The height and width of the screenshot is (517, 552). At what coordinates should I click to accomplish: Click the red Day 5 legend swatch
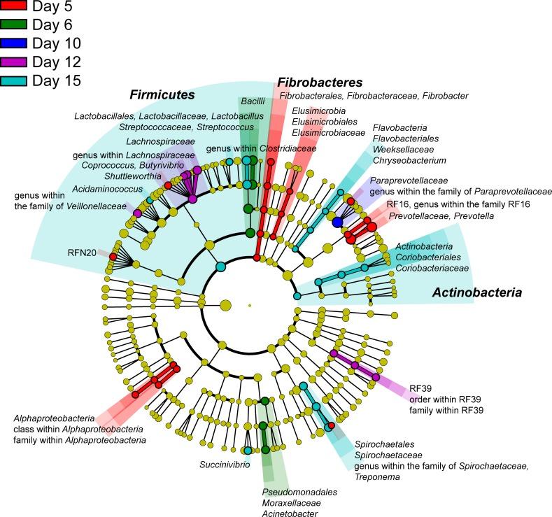pos(14,8)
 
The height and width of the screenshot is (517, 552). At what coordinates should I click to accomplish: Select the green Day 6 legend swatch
pos(14,26)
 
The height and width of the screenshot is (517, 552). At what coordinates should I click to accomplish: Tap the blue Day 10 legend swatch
pos(14,44)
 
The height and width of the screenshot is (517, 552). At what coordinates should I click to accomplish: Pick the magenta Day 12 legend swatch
pos(14,62)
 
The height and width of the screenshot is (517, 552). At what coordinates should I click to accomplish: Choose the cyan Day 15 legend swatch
pos(14,80)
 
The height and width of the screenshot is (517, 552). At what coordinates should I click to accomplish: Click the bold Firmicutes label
pos(161,94)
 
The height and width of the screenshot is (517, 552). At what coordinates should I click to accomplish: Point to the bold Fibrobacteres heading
pos(320,82)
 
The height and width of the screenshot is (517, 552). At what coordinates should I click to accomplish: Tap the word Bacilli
pos(253,101)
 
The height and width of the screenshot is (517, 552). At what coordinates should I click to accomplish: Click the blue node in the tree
pos(337,222)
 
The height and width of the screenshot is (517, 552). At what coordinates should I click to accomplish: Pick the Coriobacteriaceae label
pos(432,268)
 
